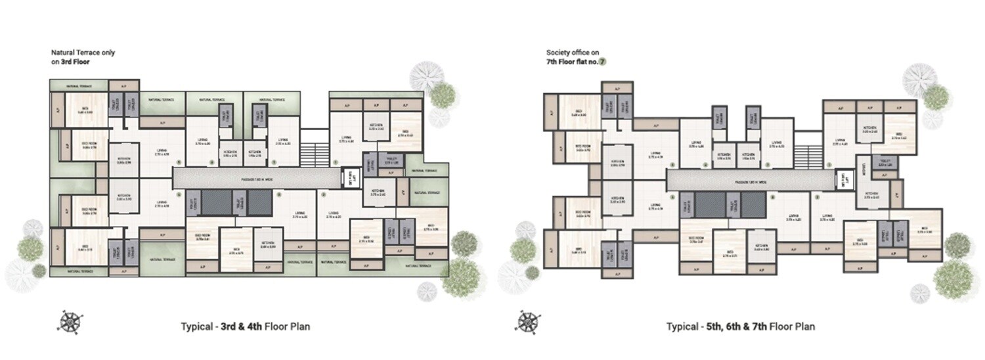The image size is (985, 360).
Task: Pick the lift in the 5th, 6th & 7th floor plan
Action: (x=841, y=178)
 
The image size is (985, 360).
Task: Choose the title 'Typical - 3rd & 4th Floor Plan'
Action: (x=245, y=326)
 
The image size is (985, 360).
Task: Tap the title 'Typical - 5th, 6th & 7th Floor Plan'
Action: (x=741, y=326)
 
